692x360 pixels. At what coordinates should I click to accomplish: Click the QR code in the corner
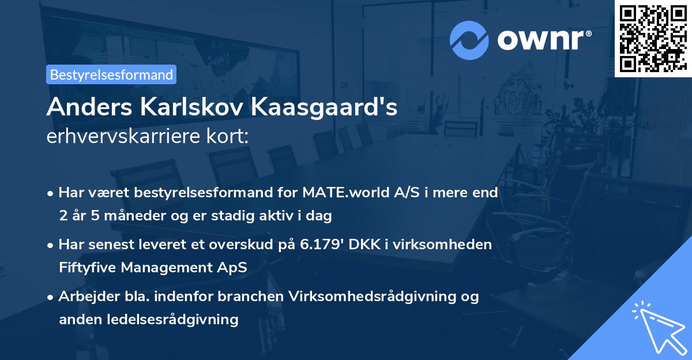point(653,38)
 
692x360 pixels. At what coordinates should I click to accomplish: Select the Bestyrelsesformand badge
point(111,74)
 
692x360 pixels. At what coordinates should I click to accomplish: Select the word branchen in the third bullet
point(244,297)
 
